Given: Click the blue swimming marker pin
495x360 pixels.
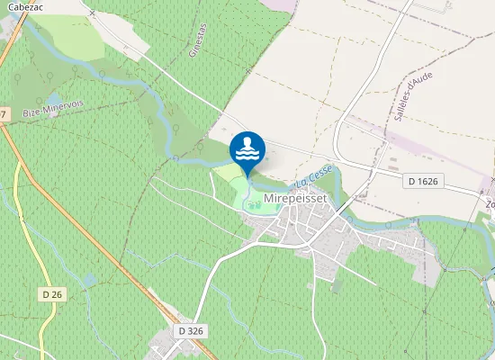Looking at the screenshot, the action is tap(247, 149).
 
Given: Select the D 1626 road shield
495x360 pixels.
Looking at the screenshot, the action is tap(422, 182).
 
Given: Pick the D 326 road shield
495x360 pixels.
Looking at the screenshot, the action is tap(191, 331).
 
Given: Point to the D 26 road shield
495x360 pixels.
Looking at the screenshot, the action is tap(51, 294).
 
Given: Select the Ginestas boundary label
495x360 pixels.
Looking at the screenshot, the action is tap(197, 41).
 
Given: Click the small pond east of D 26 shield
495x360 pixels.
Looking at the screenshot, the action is tap(88, 279).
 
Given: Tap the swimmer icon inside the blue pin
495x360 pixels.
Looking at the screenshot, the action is tap(247, 144).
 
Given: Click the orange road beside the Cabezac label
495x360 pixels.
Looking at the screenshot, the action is tap(7, 45).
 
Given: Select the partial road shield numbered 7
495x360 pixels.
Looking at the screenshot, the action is tap(3, 114).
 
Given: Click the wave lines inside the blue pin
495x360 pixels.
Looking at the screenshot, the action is tap(247, 154).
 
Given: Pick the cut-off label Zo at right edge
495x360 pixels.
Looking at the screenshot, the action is tap(490, 204).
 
